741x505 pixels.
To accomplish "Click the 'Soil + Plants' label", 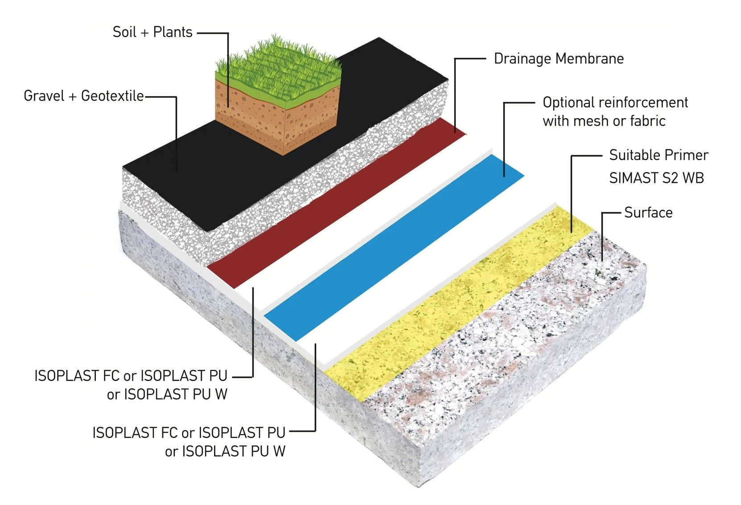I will coord(152,32).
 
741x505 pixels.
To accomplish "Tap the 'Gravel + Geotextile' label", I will coord(84,96).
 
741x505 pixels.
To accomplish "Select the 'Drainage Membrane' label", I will coord(559,59).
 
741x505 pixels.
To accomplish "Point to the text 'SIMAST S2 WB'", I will coord(656,178).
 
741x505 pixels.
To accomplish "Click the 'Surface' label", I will coord(648,213).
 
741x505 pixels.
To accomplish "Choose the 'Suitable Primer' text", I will coord(659,155).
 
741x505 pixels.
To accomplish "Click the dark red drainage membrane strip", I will coord(334,205).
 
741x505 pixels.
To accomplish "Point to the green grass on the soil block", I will coord(276,67).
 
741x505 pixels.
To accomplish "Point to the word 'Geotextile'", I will coord(112,96).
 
